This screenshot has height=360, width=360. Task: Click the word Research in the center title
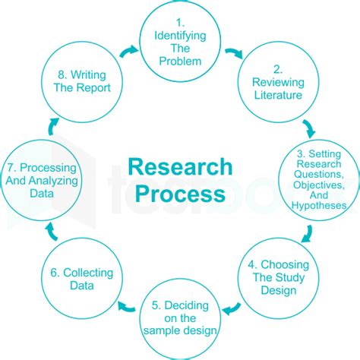[180, 167]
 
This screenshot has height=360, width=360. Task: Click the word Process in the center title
[180, 194]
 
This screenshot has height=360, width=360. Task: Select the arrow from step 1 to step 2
[235, 53]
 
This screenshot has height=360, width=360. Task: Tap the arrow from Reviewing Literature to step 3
[309, 129]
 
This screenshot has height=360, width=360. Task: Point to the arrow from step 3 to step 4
[308, 234]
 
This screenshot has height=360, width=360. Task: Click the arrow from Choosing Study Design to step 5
[231, 308]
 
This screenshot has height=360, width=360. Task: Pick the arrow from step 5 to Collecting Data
[126, 307]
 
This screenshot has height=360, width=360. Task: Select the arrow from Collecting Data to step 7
[52, 231]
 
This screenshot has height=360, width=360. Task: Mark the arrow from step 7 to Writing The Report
[53, 126]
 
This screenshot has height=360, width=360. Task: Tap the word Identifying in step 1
[180, 36]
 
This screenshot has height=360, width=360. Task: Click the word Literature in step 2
[278, 95]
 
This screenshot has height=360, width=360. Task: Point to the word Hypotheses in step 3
[319, 205]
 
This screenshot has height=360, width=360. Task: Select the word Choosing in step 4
[285, 265]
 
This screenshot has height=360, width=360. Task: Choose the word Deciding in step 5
[187, 306]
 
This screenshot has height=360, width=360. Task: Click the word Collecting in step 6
[88, 273]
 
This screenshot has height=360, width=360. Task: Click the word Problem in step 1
[180, 62]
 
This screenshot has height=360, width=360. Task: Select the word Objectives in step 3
[319, 185]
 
